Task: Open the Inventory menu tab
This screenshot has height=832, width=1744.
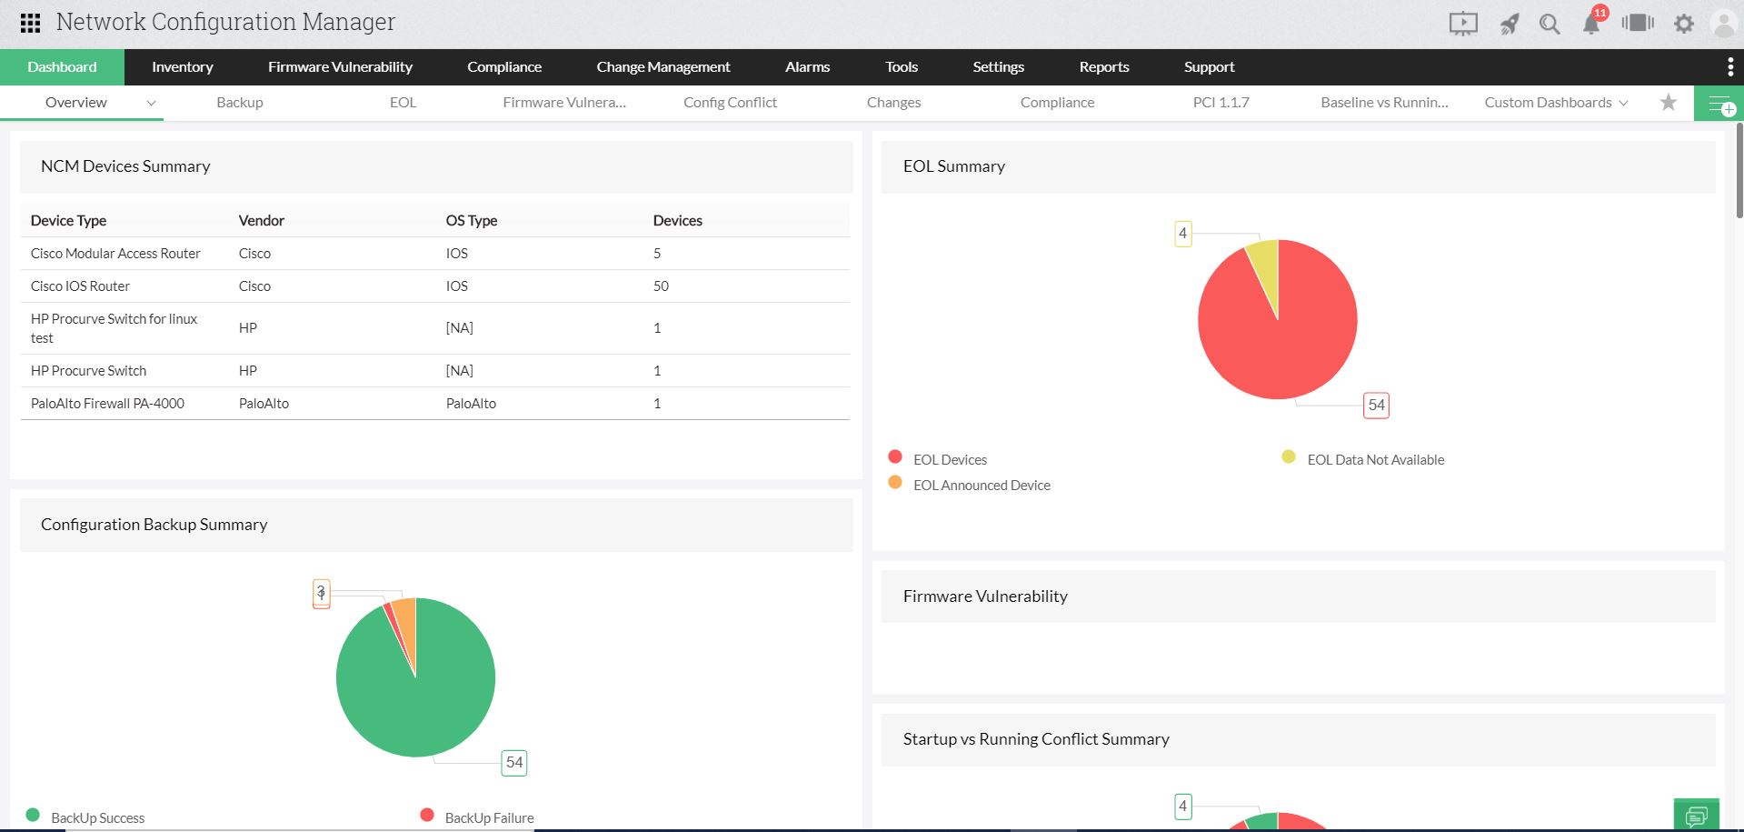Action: pos(182,67)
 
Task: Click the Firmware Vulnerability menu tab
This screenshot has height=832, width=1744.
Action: pos(340,67)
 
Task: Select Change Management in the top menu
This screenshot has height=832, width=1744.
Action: pos(663,67)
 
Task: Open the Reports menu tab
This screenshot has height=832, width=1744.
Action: pos(1103,67)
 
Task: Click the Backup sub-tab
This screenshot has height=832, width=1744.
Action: pos(240,103)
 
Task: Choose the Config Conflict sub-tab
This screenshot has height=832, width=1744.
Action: pos(730,103)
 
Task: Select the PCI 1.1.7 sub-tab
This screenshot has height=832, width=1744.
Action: pos(1221,103)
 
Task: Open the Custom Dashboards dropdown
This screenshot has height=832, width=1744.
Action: pos(1555,103)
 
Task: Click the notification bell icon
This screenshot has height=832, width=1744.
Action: pos(1591,24)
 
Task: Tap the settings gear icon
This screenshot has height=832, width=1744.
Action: pos(1684,24)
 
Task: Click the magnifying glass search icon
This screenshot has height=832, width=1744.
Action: pos(1550,24)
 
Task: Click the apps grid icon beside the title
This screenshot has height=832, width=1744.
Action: pos(30,23)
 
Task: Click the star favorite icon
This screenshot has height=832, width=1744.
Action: pos(1669,103)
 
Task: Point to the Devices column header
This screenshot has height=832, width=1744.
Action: pos(677,221)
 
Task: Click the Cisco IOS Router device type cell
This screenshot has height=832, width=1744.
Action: pos(80,286)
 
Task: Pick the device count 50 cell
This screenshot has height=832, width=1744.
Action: pos(661,286)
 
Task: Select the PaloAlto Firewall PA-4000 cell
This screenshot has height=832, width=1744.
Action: pos(107,404)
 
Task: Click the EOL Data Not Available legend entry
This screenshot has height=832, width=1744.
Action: pos(1374,460)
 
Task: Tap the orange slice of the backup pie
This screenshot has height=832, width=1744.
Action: pos(405,623)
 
